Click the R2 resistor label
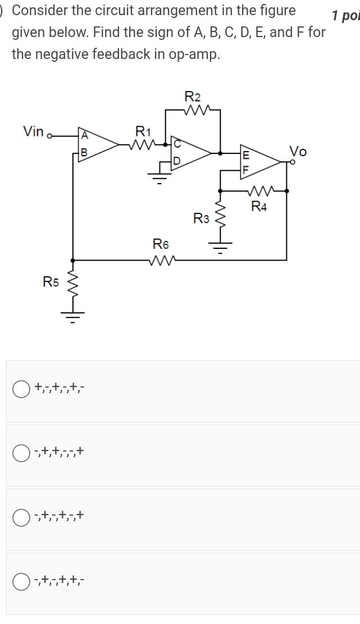point(193,97)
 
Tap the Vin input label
point(34,131)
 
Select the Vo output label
point(298,151)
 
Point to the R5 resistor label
point(51,282)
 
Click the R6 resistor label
point(161,244)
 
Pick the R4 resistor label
point(259,206)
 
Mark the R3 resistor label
point(201,218)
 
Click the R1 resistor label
point(144,132)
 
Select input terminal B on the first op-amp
point(84,152)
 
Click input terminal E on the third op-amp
point(245,154)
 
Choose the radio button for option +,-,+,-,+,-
point(21,389)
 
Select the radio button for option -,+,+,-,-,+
point(21,453)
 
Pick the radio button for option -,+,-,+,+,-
point(21,581)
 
